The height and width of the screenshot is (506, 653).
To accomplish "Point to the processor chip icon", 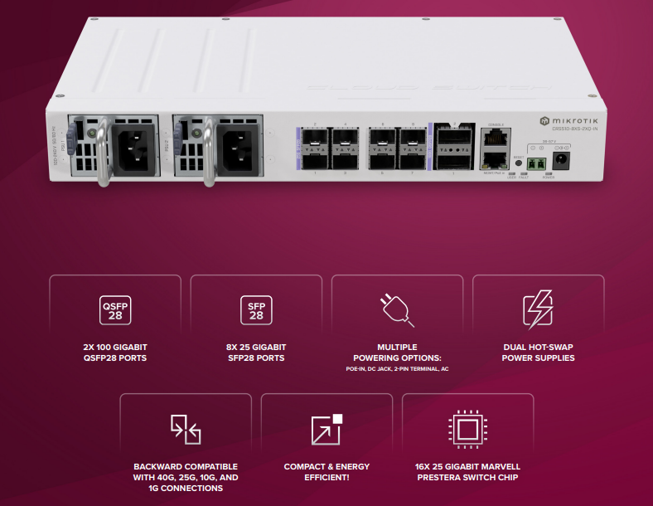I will click(467, 428).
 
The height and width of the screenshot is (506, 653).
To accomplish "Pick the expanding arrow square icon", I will click(326, 428).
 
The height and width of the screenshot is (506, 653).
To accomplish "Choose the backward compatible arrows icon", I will click(186, 428).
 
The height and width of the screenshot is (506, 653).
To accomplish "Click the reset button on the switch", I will click(518, 163).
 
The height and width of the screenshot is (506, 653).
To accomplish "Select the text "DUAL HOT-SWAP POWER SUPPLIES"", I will click(538, 353).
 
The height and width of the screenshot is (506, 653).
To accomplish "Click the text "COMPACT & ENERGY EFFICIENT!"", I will click(326, 471).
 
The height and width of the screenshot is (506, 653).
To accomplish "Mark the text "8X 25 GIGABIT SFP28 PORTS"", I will click(256, 353).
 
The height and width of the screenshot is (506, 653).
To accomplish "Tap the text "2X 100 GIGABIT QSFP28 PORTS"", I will click(115, 353).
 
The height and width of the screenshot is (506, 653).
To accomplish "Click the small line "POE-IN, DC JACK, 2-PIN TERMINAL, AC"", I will click(397, 368).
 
